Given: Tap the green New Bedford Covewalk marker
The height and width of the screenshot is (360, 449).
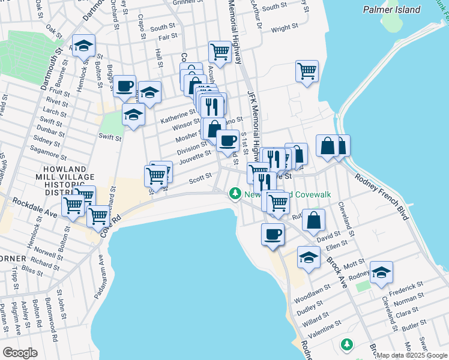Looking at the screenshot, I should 234,194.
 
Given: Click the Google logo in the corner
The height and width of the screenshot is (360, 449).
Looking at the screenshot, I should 20,352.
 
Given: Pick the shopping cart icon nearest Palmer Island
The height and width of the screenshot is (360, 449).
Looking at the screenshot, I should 307,71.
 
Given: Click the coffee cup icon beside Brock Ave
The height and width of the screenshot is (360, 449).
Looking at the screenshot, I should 273,233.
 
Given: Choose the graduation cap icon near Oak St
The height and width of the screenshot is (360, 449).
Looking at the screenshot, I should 84,45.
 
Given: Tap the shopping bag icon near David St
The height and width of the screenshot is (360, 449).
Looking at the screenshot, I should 314,220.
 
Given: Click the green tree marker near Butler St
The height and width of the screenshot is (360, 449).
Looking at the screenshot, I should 346,344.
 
